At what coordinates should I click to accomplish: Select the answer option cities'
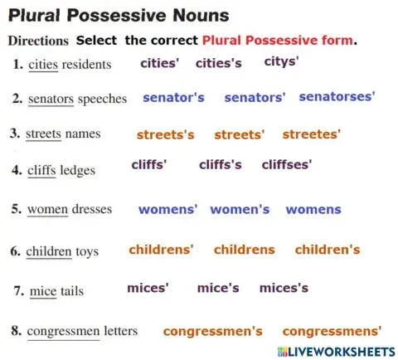coord(160,63)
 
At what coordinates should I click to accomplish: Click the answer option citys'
coord(281,61)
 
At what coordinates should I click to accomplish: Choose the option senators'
coord(255,98)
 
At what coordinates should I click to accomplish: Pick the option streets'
coord(240,134)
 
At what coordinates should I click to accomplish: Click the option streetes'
coord(312,134)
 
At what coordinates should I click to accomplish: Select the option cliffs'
coord(149,164)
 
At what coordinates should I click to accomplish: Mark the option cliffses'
coord(286,164)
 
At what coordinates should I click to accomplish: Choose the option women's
coord(240,210)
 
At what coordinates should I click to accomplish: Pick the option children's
coord(328,249)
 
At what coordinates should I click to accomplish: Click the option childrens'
coord(161,249)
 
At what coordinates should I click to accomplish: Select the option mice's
coord(218,288)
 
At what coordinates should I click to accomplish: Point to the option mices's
coord(284,288)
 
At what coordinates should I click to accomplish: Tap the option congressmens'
coord(332,331)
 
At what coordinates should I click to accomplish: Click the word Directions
coord(37,40)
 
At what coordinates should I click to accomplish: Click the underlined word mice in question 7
coord(42,291)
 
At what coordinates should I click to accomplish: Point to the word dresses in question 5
coord(91,210)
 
